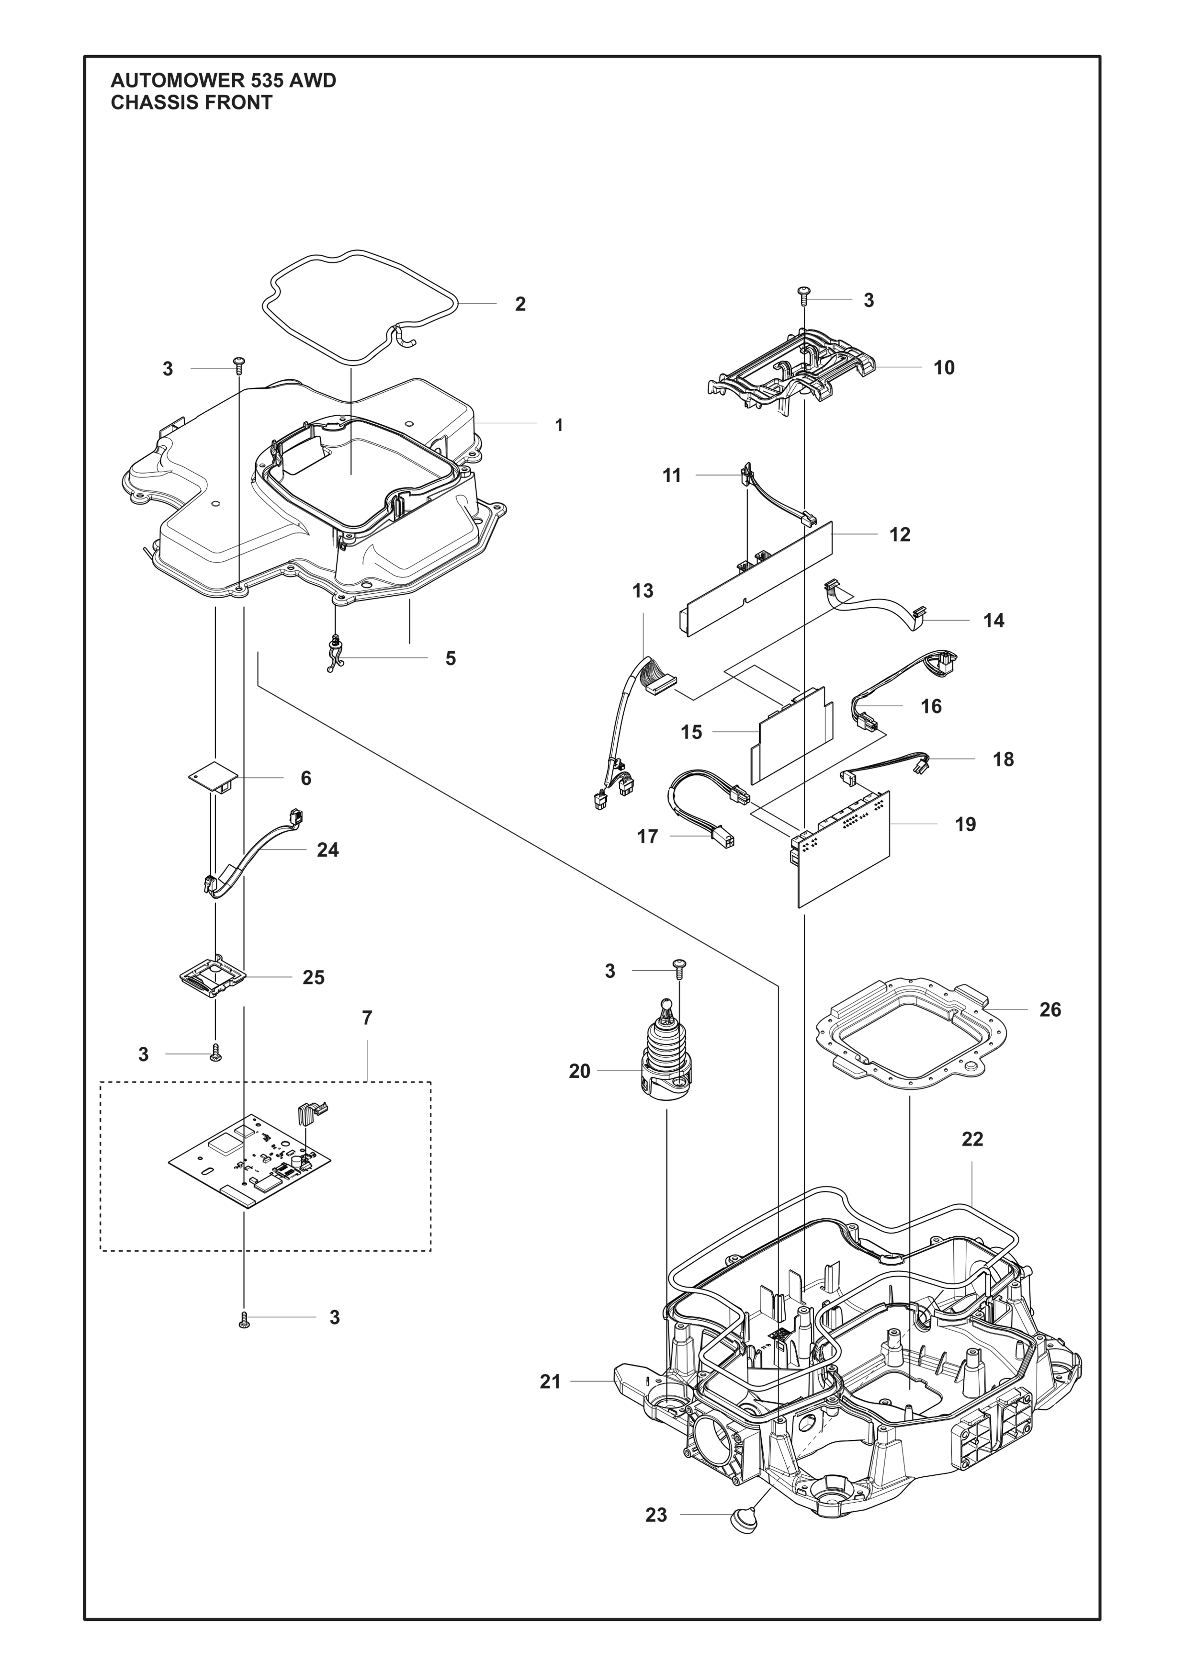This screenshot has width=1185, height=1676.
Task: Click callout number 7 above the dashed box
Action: point(367,1018)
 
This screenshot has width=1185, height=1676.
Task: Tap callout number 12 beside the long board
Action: point(900,534)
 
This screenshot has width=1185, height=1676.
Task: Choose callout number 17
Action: point(647,837)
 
